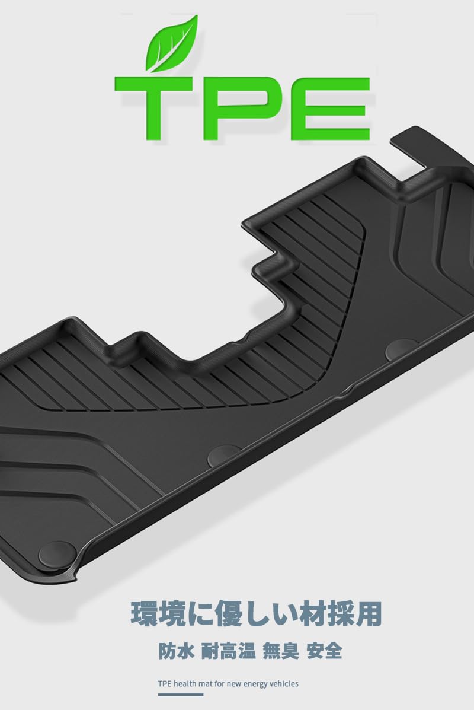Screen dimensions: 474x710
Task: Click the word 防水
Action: pyautogui.click(x=177, y=652)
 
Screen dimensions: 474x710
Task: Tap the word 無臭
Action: pyautogui.click(x=281, y=652)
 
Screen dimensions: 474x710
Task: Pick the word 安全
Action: pyautogui.click(x=324, y=652)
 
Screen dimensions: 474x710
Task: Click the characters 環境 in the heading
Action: pyautogui.click(x=158, y=614)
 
